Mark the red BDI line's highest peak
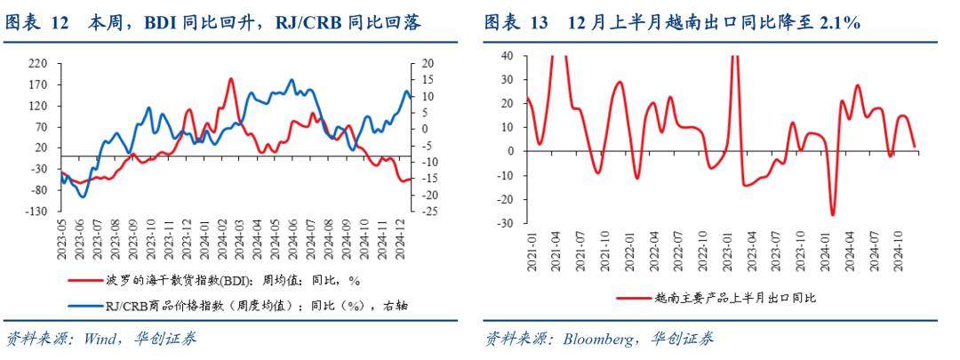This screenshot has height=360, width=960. pyautogui.click(x=230, y=79)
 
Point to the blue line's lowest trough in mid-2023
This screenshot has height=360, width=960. pyautogui.click(x=84, y=196)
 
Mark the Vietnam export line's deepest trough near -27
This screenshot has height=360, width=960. pyautogui.click(x=833, y=214)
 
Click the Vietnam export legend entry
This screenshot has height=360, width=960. pyautogui.click(x=720, y=299)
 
